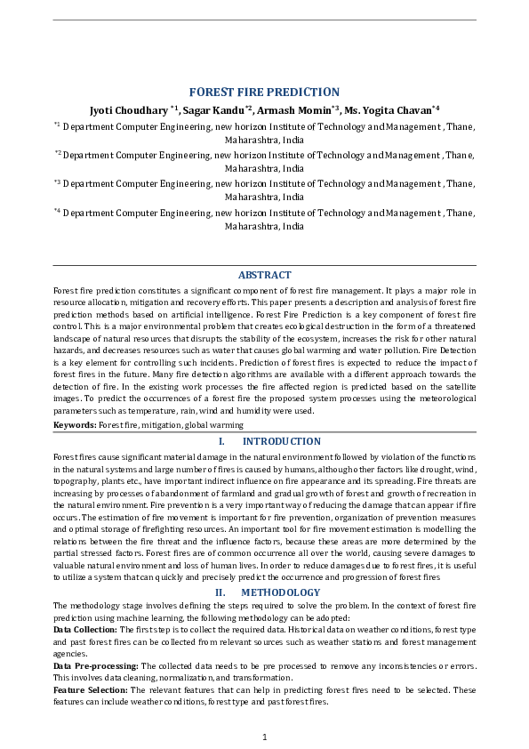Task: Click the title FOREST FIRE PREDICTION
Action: (264, 92)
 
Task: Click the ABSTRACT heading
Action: (264, 275)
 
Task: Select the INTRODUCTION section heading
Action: (281, 441)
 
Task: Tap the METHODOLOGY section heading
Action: (280, 592)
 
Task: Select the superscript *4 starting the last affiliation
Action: (57, 212)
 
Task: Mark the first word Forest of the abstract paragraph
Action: (66, 291)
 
